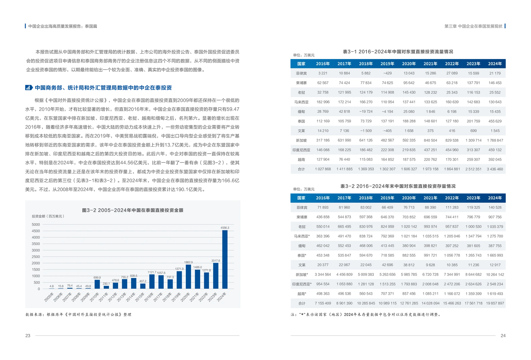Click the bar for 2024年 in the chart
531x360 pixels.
click(x=225, y=259)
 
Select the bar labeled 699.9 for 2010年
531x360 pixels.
click(x=97, y=284)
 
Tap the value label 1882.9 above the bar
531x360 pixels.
click(x=188, y=262)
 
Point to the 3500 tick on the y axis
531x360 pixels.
click(x=36, y=244)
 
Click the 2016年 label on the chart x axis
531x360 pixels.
click(x=149, y=297)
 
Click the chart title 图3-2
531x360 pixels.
click(x=133, y=210)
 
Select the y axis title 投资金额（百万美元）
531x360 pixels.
click(x=48, y=216)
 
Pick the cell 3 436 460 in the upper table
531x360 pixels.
click(x=495, y=169)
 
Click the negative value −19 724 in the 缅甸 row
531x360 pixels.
click(x=366, y=112)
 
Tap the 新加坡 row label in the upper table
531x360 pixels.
click(x=301, y=140)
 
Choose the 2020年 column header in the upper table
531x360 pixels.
click(x=409, y=64)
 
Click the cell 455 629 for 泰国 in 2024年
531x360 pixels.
click(x=495, y=121)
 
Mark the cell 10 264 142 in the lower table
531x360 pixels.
click(x=495, y=275)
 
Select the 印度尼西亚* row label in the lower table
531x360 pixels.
click(x=302, y=284)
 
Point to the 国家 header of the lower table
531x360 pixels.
click(x=301, y=198)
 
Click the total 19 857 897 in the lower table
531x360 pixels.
click(x=495, y=303)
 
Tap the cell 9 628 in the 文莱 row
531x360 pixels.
click(x=430, y=265)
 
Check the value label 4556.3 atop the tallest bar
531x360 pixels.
click(x=225, y=228)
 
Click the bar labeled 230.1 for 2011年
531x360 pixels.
click(x=106, y=287)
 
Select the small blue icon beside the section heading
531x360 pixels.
click(x=28, y=88)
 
